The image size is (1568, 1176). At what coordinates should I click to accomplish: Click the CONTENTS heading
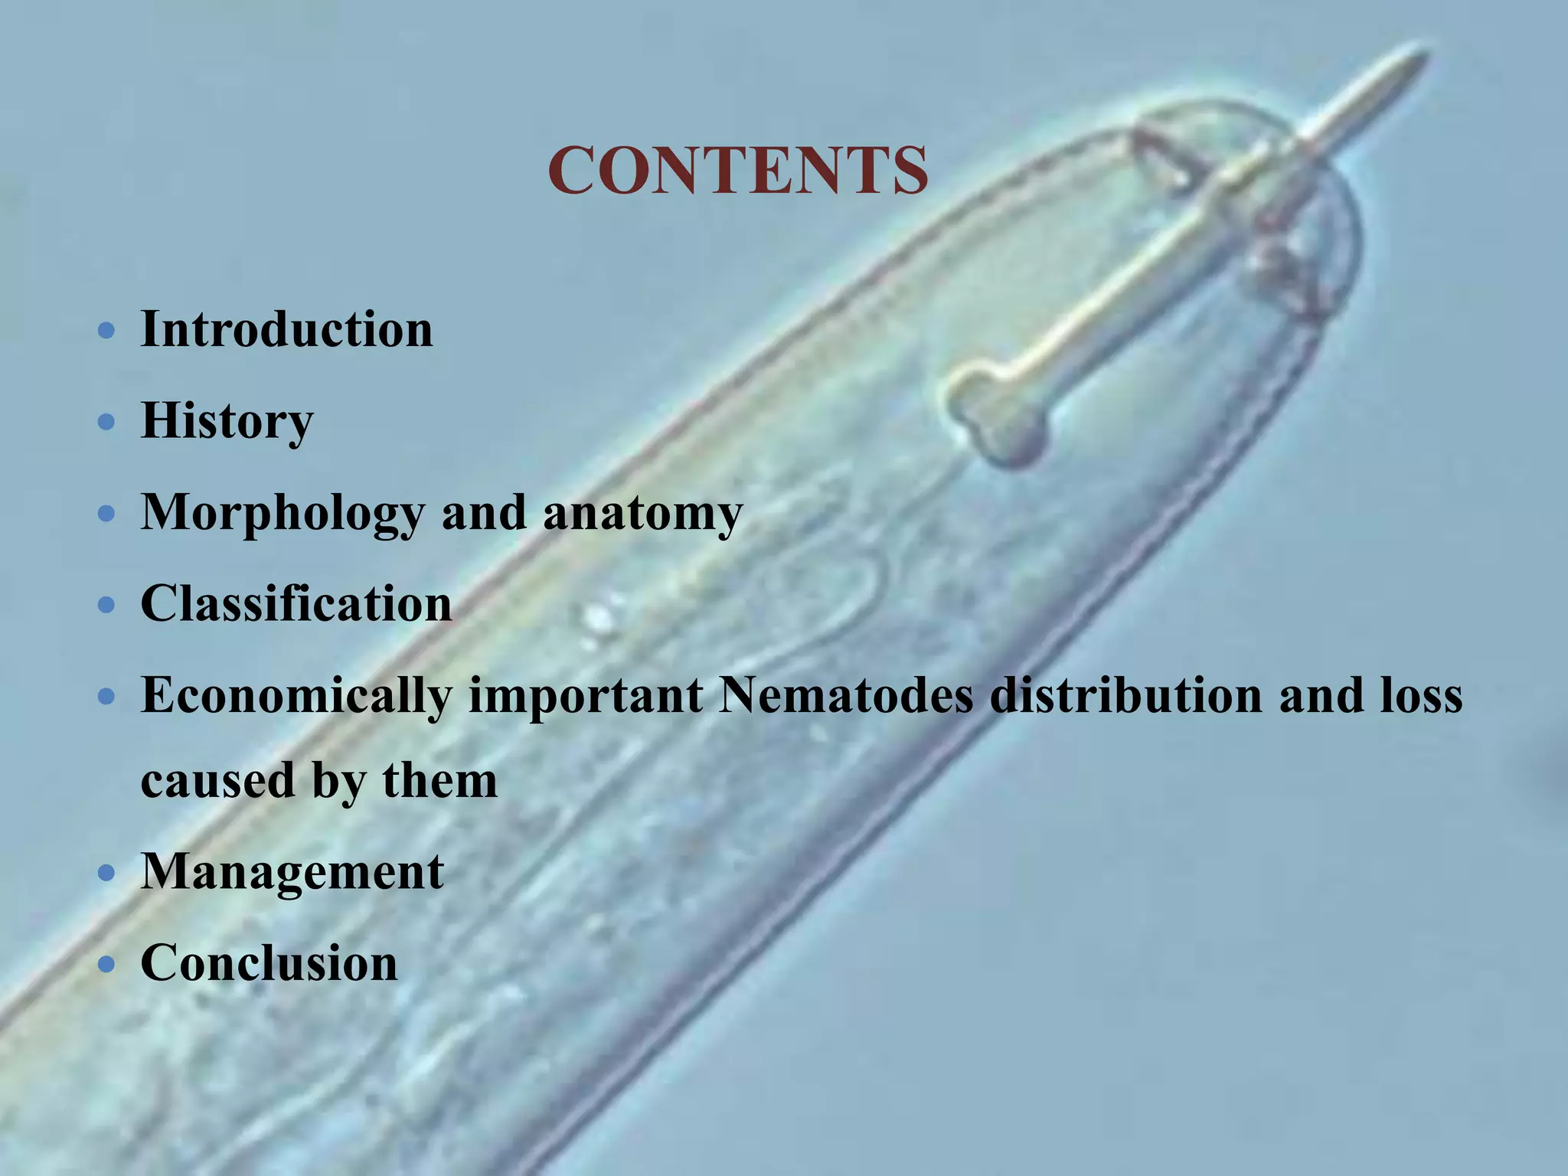[738, 170]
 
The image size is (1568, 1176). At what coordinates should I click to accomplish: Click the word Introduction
[287, 329]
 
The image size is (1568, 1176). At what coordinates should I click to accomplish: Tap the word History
[227, 421]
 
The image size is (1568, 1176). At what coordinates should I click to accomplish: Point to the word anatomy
[643, 513]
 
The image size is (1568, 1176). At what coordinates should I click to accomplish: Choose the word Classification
[296, 603]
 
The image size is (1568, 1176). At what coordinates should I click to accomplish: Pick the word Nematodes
[846, 695]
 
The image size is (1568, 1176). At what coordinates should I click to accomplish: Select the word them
[439, 781]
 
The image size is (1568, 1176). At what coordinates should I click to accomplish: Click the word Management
[292, 871]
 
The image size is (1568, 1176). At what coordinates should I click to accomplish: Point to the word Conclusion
[269, 962]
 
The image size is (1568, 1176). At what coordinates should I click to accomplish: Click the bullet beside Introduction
[107, 332]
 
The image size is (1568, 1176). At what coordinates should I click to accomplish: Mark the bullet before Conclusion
[107, 965]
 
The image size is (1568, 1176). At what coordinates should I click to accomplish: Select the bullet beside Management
[107, 874]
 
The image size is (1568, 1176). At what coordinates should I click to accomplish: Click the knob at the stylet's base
[995, 417]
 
